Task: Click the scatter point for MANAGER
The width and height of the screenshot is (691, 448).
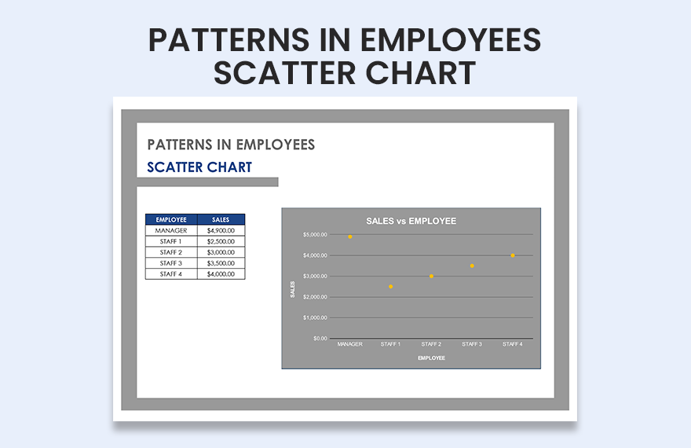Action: click(x=349, y=237)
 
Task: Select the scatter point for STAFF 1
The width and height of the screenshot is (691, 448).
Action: click(x=390, y=287)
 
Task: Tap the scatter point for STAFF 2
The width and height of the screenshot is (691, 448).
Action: click(x=431, y=276)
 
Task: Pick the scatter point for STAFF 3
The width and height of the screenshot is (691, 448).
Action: click(x=472, y=266)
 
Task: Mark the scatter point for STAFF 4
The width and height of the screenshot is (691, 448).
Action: click(x=513, y=255)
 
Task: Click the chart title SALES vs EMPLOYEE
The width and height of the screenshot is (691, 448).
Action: click(x=411, y=221)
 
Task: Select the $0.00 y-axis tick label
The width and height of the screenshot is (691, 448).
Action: click(x=320, y=339)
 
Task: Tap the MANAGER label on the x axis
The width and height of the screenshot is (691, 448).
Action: click(x=349, y=344)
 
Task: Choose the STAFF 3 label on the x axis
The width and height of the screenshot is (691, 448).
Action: click(x=472, y=344)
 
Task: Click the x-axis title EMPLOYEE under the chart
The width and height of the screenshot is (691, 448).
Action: click(x=431, y=358)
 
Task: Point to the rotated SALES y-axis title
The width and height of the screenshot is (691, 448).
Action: click(x=292, y=289)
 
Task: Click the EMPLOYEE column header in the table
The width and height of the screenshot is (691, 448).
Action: click(x=171, y=219)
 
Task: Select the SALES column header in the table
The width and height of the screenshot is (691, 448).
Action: click(x=221, y=219)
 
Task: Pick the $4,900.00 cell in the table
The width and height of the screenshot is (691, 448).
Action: click(x=221, y=230)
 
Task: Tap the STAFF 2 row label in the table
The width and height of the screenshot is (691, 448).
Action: click(x=171, y=252)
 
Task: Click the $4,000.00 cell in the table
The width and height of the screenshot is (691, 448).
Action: click(x=221, y=274)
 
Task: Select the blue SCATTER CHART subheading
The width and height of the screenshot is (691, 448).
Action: click(x=199, y=167)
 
